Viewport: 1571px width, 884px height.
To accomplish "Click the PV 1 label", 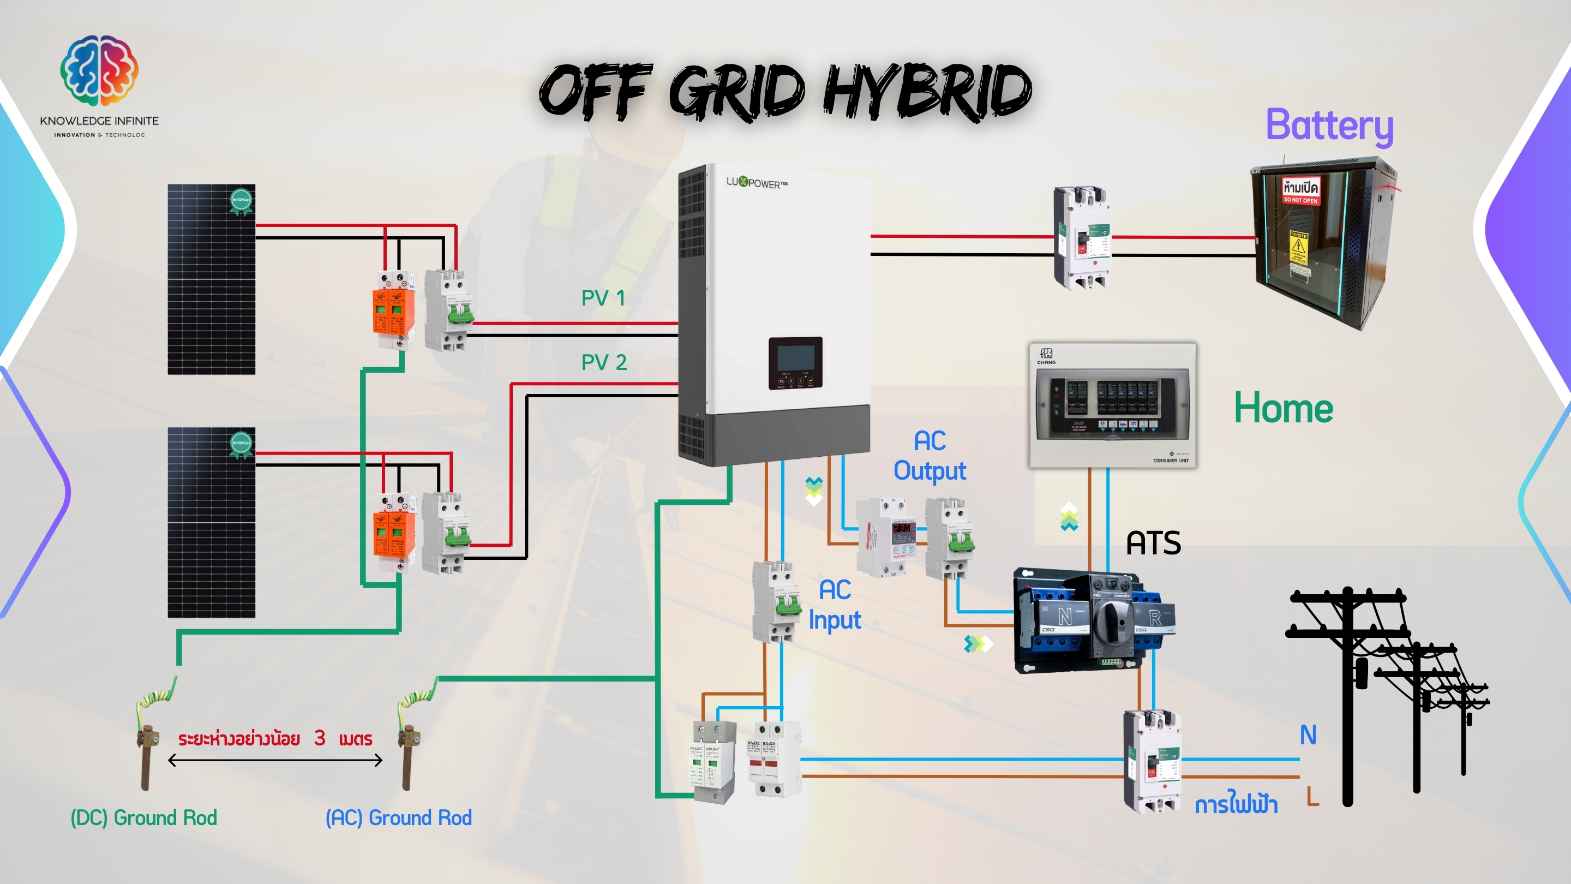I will click(603, 298).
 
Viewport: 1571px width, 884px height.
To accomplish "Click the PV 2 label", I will click(604, 362).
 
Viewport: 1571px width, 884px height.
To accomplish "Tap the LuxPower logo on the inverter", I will click(756, 182).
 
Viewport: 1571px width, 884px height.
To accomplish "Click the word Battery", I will click(1329, 126).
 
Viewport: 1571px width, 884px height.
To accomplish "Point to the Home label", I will click(1283, 408).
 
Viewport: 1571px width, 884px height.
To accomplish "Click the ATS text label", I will click(1153, 543).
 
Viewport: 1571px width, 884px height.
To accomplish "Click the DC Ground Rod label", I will click(144, 817).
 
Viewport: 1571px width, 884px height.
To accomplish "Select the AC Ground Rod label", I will click(399, 817).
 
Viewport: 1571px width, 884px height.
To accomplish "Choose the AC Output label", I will click(930, 456).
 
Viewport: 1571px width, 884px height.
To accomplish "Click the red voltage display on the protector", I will click(902, 527).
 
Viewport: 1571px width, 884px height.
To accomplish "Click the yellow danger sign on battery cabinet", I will click(1298, 246).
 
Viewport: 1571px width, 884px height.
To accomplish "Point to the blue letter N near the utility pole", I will click(1308, 734).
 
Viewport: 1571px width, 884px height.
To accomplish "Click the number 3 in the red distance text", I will click(320, 738).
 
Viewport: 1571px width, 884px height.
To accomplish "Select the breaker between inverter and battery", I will click(1081, 237).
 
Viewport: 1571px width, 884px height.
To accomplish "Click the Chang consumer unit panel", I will click(1112, 405).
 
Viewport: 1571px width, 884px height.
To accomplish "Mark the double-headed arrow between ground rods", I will click(275, 760).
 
